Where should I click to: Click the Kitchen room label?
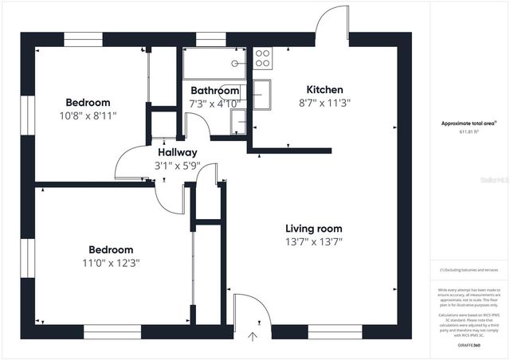point(325,90)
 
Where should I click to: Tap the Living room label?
point(313,229)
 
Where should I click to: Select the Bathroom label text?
point(214,91)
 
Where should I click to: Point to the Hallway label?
point(177,152)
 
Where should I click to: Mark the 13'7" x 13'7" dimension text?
point(313,241)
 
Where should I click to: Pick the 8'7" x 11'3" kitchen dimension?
point(325,103)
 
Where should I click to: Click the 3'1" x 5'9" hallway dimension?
point(177,166)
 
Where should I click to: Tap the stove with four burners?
point(262,57)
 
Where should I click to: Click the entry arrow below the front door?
point(253,336)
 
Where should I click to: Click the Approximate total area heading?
point(470,123)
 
